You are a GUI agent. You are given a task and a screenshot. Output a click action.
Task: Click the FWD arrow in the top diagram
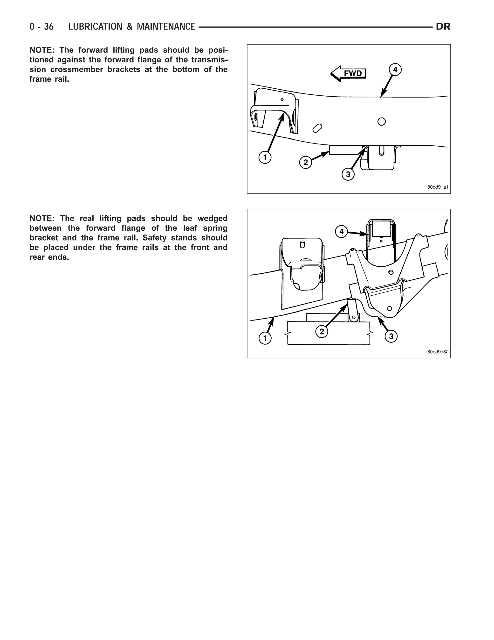click(x=348, y=73)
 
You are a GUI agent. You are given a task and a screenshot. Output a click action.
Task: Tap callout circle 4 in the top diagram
click(x=395, y=70)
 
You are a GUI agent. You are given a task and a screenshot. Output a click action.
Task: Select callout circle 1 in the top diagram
click(x=265, y=157)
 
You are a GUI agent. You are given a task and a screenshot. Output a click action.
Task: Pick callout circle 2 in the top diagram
click(x=306, y=162)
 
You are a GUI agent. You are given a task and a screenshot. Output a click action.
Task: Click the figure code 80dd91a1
click(x=438, y=187)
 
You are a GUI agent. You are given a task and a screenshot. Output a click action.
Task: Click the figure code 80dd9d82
click(x=438, y=352)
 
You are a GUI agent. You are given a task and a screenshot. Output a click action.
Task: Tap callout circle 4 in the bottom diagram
click(x=341, y=232)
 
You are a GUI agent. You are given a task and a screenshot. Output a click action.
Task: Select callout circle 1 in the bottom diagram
click(x=265, y=338)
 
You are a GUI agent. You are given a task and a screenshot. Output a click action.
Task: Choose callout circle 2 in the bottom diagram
click(x=322, y=332)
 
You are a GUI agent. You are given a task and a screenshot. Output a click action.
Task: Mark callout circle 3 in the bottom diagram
click(x=391, y=336)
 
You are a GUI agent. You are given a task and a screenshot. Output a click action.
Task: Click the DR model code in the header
click(x=443, y=27)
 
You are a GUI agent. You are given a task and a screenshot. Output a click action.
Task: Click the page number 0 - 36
click(x=41, y=27)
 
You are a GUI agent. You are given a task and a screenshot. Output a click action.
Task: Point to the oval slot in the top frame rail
click(x=317, y=128)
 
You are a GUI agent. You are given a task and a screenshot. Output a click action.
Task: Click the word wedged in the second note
click(x=213, y=218)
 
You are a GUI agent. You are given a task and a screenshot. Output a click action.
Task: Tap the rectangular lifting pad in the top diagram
click(x=345, y=150)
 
